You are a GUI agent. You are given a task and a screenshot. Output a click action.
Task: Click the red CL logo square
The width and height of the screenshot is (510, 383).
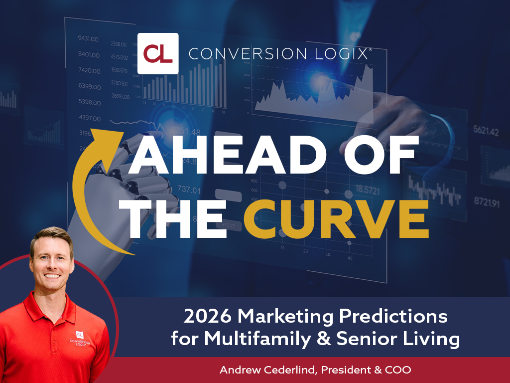[158, 53]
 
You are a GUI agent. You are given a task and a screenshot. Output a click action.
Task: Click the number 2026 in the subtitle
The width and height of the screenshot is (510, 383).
[204, 316]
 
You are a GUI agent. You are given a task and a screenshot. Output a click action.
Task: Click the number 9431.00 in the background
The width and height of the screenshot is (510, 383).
[88, 38]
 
